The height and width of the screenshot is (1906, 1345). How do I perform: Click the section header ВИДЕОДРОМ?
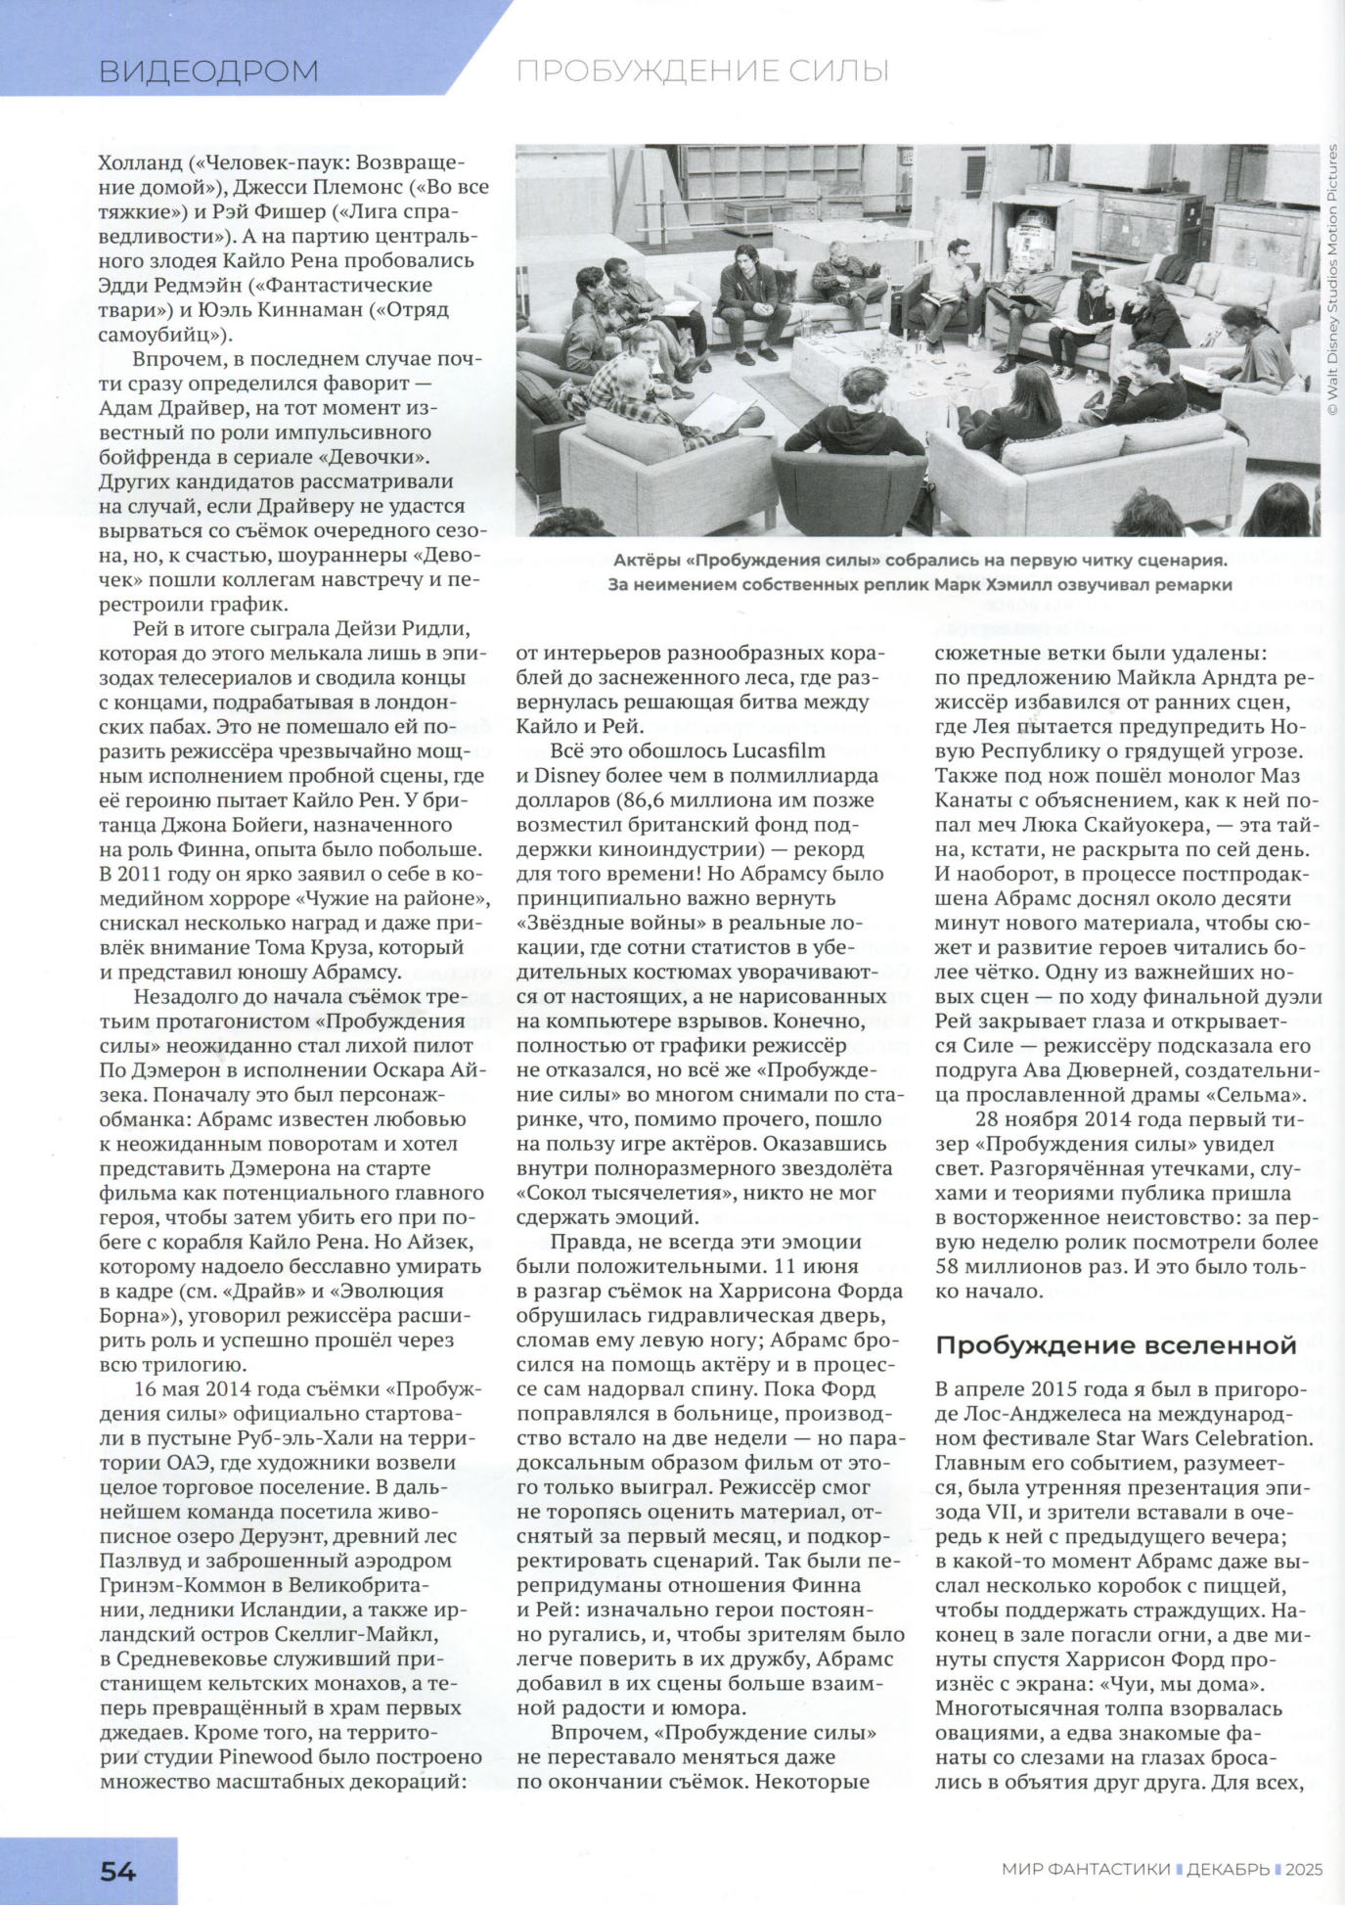[208, 71]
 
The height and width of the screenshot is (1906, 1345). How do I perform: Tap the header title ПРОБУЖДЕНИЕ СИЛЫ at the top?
[702, 71]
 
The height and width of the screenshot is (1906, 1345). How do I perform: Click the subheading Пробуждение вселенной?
[1116, 1345]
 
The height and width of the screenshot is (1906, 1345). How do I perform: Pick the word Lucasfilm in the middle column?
[778, 751]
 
